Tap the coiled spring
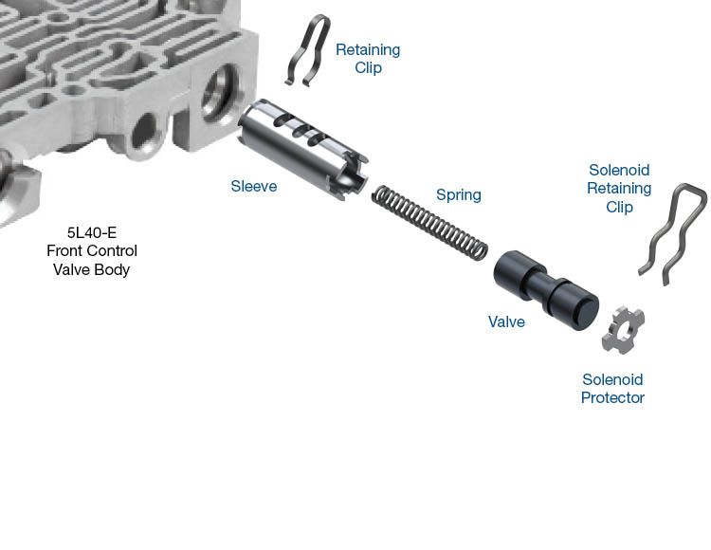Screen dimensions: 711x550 (429, 224)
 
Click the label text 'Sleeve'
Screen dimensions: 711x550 (254, 186)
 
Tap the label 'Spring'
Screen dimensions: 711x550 (459, 195)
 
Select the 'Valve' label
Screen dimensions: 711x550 (506, 321)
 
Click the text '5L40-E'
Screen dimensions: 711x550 (92, 232)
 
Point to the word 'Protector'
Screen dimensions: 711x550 (612, 397)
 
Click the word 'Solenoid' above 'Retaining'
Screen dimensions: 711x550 (619, 170)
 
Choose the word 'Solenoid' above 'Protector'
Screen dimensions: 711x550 (612, 379)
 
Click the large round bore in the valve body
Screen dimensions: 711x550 (221, 94)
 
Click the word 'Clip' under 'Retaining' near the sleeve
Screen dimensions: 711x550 (368, 68)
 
